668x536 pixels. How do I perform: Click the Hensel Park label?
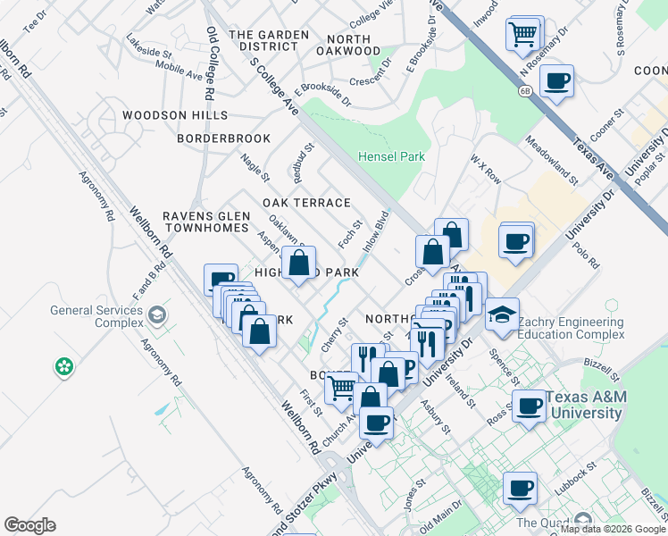[391, 156]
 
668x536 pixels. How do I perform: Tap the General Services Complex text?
[97, 316]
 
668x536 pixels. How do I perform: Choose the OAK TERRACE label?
[306, 203]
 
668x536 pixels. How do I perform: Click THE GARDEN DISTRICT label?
[269, 40]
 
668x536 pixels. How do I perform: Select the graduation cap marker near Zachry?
[502, 314]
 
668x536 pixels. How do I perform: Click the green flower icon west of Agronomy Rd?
[63, 365]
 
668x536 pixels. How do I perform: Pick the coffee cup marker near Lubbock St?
[519, 488]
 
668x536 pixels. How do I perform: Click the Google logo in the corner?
[29, 525]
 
